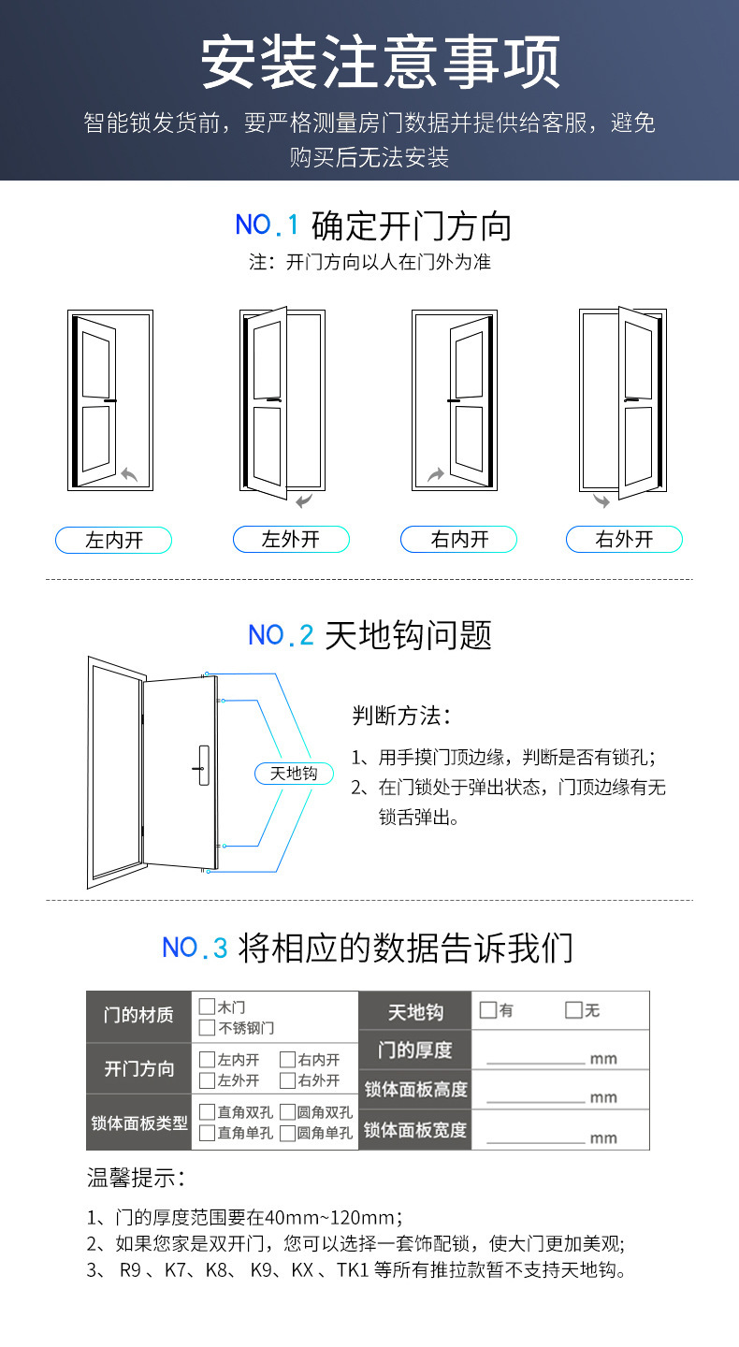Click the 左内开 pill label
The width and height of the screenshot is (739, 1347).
[114, 540]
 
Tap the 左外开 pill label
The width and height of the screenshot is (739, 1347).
[291, 539]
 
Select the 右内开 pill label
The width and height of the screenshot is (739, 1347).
[459, 539]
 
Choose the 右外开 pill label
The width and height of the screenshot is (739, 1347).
[624, 539]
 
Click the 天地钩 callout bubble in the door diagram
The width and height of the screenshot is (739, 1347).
[294, 774]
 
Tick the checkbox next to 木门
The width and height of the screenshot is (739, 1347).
[207, 1007]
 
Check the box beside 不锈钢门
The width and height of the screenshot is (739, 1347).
[207, 1028]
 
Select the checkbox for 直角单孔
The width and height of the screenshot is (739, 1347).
[207, 1133]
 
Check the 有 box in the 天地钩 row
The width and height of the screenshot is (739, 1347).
[487, 1010]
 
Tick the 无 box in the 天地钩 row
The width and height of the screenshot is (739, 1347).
[573, 1010]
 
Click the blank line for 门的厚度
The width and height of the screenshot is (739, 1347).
[535, 1063]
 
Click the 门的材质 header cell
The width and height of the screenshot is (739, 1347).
[138, 1016]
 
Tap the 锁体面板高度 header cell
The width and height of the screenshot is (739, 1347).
[414, 1090]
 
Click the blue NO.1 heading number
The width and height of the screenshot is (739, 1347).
[267, 224]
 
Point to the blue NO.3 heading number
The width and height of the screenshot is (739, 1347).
[195, 948]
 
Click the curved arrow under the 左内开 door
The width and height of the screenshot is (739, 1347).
[129, 475]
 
